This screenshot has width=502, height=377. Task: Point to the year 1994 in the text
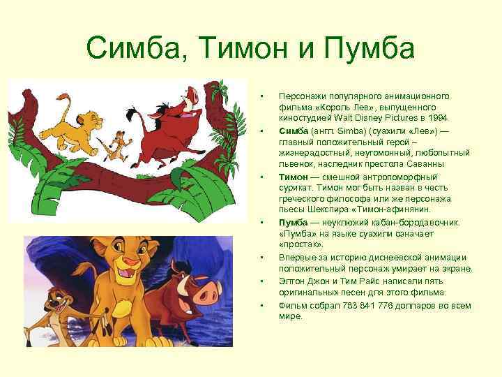[437, 117]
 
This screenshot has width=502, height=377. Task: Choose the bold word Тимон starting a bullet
[293, 177]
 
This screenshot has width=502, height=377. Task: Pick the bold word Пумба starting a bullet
[294, 223]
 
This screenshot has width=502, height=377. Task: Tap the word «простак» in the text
[301, 245]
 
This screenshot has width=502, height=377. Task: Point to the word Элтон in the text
[292, 281]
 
